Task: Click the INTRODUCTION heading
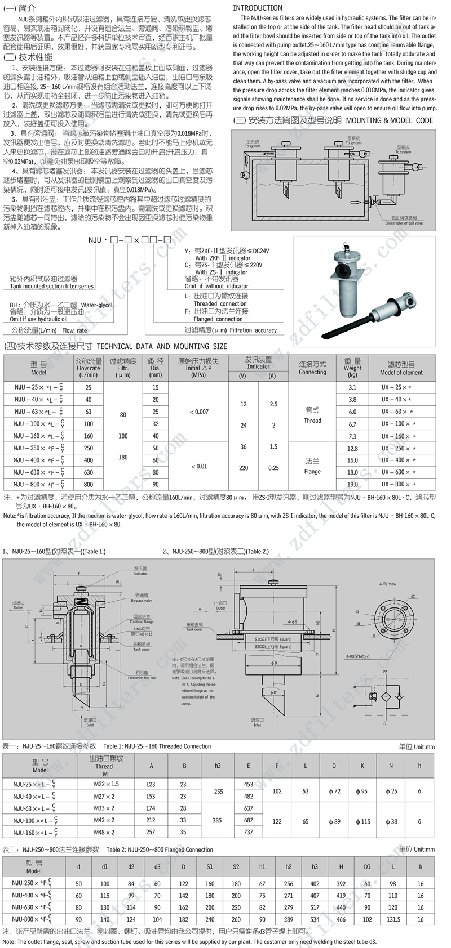point(258,8)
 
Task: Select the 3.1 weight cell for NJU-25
point(352,387)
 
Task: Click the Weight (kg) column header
point(352,368)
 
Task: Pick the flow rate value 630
point(89,472)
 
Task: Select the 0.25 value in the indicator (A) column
point(273,468)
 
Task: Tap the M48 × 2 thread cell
point(104,832)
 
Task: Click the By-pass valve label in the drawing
point(142,601)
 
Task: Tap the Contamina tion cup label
point(142,678)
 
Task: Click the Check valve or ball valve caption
point(404,223)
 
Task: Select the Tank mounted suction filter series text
point(52,287)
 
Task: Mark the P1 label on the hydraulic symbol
point(384,723)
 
